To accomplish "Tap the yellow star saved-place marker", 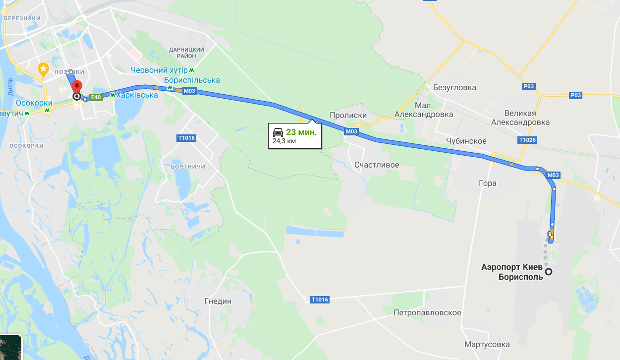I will pyautogui.click(x=44, y=68).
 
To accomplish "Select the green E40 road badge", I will pyautogui.click(x=96, y=97).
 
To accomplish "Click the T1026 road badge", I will pyautogui.click(x=528, y=140).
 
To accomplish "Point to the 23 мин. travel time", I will pyautogui.click(x=301, y=132).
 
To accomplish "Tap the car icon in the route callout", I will pyautogui.click(x=278, y=132).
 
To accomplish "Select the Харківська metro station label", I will pyautogui.click(x=137, y=95).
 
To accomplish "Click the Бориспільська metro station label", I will pyautogui.click(x=192, y=80).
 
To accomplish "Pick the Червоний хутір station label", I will pyautogui.click(x=160, y=70).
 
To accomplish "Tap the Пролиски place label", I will pyautogui.click(x=348, y=115).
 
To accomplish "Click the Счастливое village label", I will pyautogui.click(x=377, y=165).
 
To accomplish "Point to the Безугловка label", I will pyautogui.click(x=454, y=88).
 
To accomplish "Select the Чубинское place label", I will pyautogui.click(x=466, y=141).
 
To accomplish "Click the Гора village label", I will pyautogui.click(x=488, y=183).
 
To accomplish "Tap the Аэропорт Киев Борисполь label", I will pyautogui.click(x=512, y=272).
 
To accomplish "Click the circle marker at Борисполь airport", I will pyautogui.click(x=549, y=272).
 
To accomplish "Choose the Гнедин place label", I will pyautogui.click(x=218, y=301).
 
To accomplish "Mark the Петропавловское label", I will pyautogui.click(x=427, y=313).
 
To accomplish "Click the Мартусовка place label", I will pyautogui.click(x=487, y=344).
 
